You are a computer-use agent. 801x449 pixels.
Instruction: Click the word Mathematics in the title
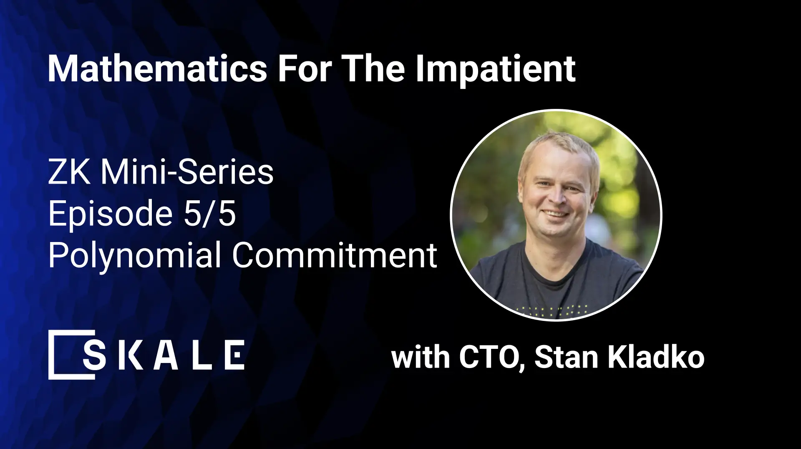tap(157, 68)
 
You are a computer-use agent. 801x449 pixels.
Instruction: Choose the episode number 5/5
tap(209, 214)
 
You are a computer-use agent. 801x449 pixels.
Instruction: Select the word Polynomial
tap(134, 255)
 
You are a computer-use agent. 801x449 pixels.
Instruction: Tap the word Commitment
tap(335, 255)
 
